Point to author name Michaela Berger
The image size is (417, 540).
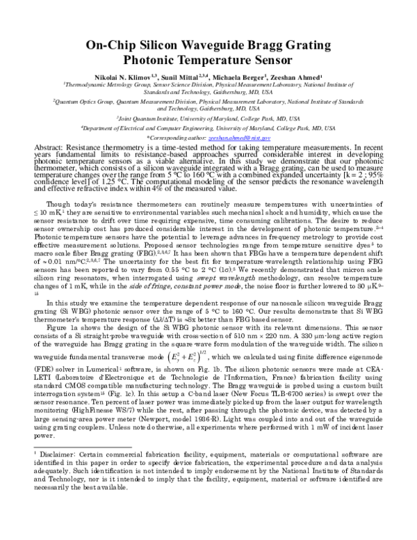(248, 78)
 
